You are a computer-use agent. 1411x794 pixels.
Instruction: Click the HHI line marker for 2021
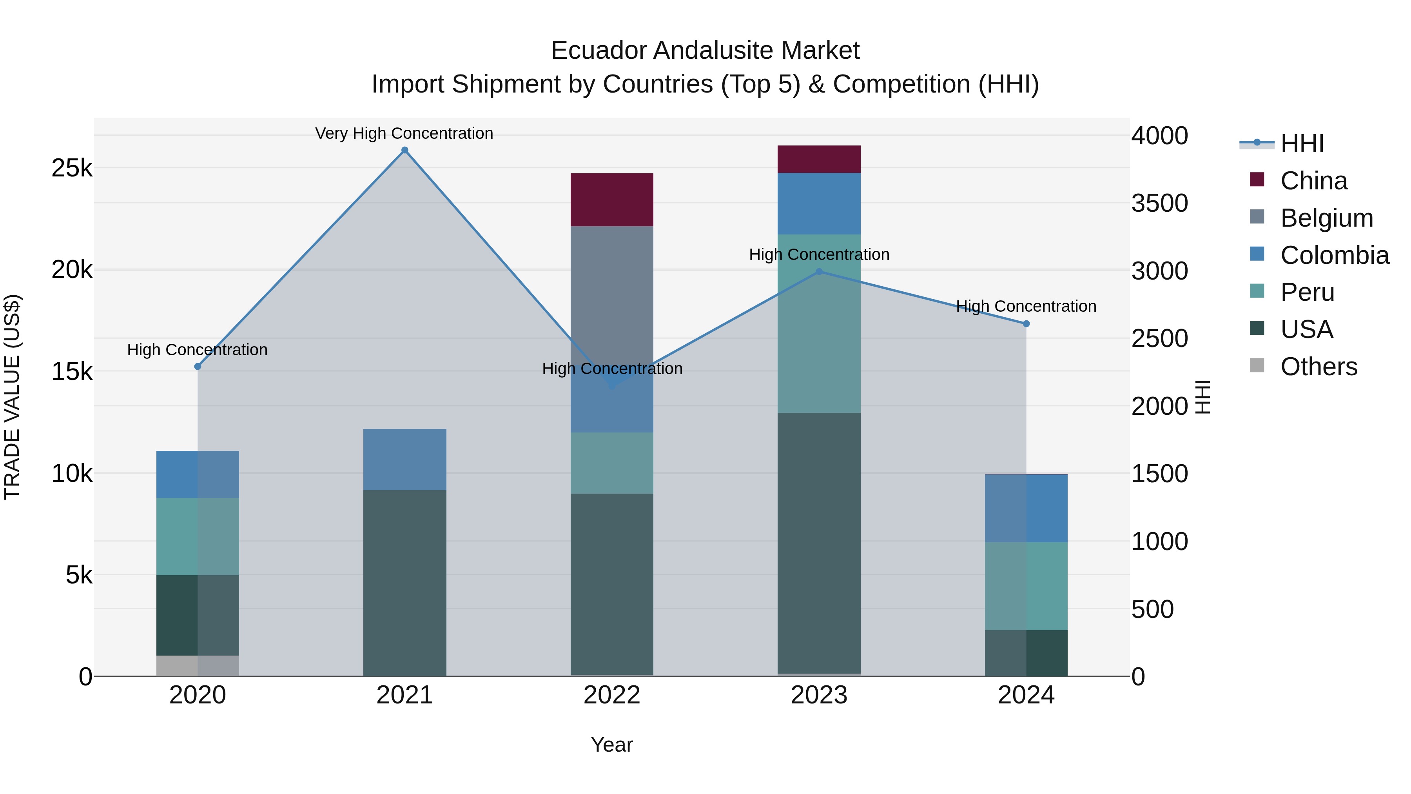405,150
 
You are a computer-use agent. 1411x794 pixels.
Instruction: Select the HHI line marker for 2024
1026,324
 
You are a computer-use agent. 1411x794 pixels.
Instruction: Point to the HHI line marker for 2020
198,367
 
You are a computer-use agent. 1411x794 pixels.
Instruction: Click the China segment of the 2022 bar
612,200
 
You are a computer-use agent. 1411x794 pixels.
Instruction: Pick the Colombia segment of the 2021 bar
405,459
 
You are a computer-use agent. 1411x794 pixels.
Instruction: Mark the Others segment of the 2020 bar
198,666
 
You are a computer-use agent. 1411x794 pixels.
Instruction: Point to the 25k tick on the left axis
72,168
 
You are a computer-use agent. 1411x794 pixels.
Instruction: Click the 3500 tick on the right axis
1160,203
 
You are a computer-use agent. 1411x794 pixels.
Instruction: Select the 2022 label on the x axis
612,695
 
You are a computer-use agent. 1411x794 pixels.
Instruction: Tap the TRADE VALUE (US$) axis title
13,397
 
